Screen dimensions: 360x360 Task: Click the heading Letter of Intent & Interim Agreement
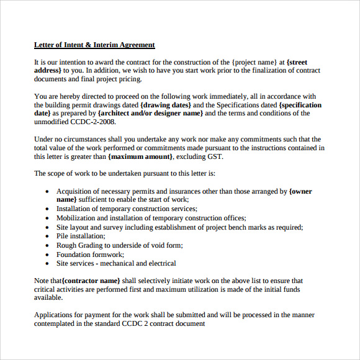pyautogui.click(x=94, y=45)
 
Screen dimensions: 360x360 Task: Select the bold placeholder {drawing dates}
pyautogui.click(x=166, y=105)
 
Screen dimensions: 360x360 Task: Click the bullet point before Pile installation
pyautogui.click(x=47, y=236)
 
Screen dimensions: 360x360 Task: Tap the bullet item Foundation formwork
pyautogui.click(x=90, y=254)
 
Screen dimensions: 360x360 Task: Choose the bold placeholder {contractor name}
pyautogui.click(x=91, y=281)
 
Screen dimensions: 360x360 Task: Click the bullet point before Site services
pyautogui.click(x=47, y=263)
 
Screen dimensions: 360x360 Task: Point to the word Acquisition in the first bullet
pyautogui.click(x=75, y=192)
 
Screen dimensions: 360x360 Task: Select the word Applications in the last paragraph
pyautogui.click(x=54, y=315)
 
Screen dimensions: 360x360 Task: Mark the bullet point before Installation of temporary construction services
pyautogui.click(x=47, y=210)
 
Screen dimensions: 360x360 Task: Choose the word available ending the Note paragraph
pyautogui.click(x=48, y=297)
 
